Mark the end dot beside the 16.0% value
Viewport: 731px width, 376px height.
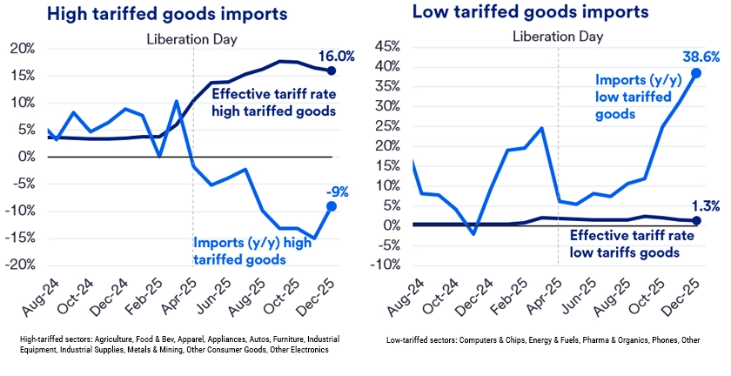coord(332,70)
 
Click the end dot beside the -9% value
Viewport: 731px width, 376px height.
coord(332,205)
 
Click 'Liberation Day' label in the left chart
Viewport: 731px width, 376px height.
coord(192,38)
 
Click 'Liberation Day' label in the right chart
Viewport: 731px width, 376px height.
coord(558,37)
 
